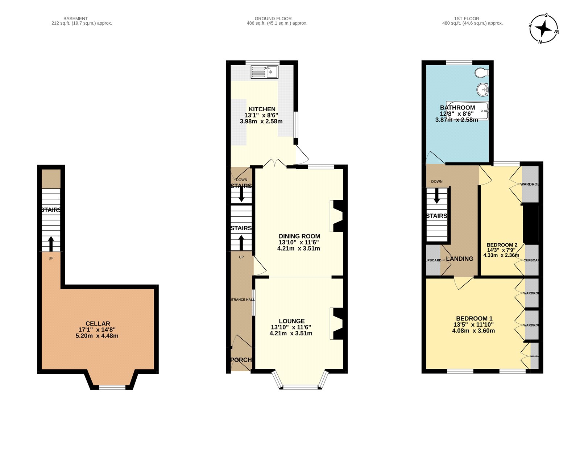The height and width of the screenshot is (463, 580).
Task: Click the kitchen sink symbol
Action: pos(264,72)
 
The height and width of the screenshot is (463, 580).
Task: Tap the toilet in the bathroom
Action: pos(481,73)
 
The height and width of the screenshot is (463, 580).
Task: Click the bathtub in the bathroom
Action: pos(468,110)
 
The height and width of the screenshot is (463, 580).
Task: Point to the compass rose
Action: pos(543,29)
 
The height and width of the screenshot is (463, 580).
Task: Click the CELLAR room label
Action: pos(98,323)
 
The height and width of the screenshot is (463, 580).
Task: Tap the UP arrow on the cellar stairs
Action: pos(51,243)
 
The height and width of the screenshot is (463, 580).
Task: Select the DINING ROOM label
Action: pos(299,236)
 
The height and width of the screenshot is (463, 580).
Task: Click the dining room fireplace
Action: pos(337,216)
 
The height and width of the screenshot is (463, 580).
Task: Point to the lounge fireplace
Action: pos(337,323)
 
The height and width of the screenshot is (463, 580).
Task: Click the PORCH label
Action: pos(241,360)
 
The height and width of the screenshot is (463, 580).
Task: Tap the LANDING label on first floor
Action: pos(459,259)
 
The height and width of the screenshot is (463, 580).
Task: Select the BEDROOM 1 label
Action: pos(474,318)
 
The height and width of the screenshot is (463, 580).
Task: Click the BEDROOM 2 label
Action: pos(502,245)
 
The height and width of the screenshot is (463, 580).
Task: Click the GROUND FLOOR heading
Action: pos(273,18)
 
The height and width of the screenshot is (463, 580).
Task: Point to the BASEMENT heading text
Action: pos(75,18)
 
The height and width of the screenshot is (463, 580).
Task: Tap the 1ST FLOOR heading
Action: pos(467,18)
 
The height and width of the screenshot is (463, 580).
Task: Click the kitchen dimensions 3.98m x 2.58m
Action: pos(261,121)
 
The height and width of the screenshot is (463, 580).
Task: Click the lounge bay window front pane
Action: pos(300,387)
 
